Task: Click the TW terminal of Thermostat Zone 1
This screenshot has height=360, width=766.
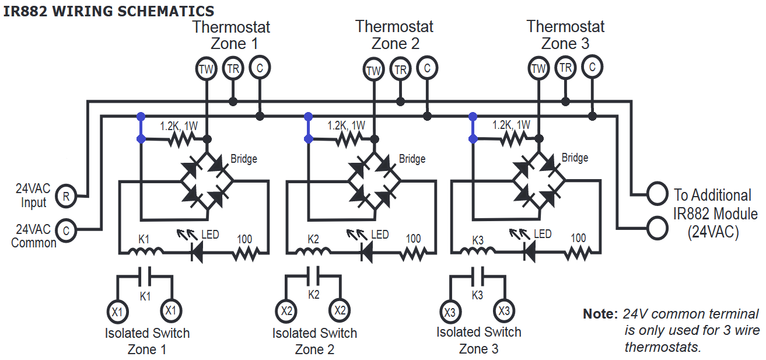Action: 206,69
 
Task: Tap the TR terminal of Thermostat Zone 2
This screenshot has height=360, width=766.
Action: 400,69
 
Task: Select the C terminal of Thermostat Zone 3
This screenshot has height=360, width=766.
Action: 592,67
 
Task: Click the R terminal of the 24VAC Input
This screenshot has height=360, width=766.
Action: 66,196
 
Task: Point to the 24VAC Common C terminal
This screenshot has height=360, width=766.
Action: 66,230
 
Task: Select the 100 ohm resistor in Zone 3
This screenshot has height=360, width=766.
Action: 578,253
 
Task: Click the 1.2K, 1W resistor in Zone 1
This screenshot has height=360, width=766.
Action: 181,139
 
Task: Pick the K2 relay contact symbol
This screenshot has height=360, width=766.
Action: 313,276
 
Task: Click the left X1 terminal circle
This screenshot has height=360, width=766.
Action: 117,312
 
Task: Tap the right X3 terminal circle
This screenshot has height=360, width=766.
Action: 504,311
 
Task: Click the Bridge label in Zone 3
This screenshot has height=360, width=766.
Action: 575,158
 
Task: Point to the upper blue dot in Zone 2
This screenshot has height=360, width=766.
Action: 308,117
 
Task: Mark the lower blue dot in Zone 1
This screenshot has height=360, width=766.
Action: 141,139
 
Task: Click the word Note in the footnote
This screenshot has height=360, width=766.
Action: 600,314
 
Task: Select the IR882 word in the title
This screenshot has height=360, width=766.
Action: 25,11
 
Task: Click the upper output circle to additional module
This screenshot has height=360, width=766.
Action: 657,194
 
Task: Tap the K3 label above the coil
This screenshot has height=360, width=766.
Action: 478,240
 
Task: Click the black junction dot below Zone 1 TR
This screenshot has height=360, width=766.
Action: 233,102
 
